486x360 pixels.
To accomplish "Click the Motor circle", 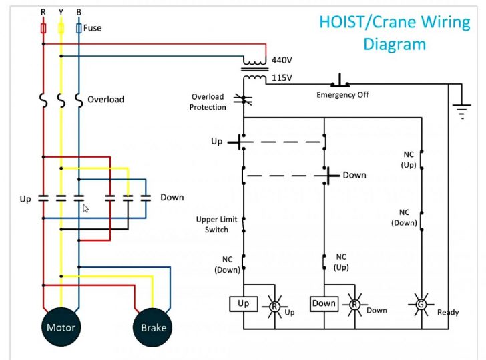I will [61, 327].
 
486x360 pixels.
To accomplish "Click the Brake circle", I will [153, 327].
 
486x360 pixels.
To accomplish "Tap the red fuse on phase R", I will [43, 29].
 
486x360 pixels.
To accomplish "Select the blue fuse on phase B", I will [79, 29].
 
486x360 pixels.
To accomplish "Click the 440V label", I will [282, 60].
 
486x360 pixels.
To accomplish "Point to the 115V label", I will [282, 78].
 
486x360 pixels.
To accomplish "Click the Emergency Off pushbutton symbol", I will [342, 81].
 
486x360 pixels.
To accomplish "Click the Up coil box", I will [244, 304].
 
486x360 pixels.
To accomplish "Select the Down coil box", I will [324, 304].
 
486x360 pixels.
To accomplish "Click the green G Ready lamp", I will [421, 304].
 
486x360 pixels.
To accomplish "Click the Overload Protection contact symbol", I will [244, 102].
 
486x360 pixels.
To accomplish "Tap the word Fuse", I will [93, 29].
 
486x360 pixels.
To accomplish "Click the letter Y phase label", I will [61, 12].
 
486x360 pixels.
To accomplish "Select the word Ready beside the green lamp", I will [448, 312].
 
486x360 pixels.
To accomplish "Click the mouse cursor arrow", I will [85, 208].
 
